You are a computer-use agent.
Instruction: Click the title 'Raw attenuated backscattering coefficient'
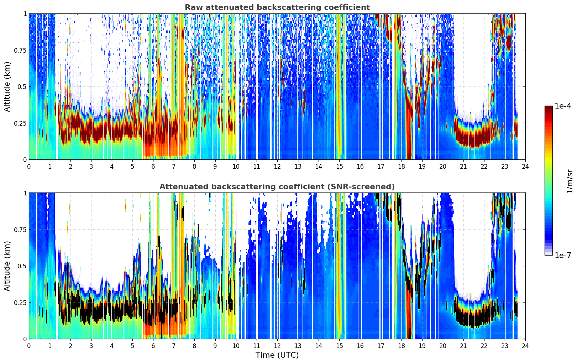tap(277, 7)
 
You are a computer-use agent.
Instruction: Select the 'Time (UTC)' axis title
tap(277, 355)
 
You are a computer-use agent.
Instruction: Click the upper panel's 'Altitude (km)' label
tap(7, 86)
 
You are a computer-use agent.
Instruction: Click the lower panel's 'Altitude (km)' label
tap(7, 266)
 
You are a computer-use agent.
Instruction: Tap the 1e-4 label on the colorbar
tap(563, 106)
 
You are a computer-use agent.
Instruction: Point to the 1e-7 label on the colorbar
tap(563, 256)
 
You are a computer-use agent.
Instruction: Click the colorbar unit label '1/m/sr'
tap(570, 181)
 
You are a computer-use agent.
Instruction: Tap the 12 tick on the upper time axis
tap(277, 167)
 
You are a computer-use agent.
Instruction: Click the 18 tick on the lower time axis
tap(401, 346)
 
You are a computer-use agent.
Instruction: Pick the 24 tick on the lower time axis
tap(525, 346)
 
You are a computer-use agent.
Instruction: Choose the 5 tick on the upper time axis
tap(132, 167)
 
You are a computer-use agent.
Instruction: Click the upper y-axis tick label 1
tap(25, 14)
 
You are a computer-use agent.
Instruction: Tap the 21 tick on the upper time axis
tap(463, 167)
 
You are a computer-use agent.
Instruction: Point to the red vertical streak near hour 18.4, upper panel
tap(409, 134)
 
